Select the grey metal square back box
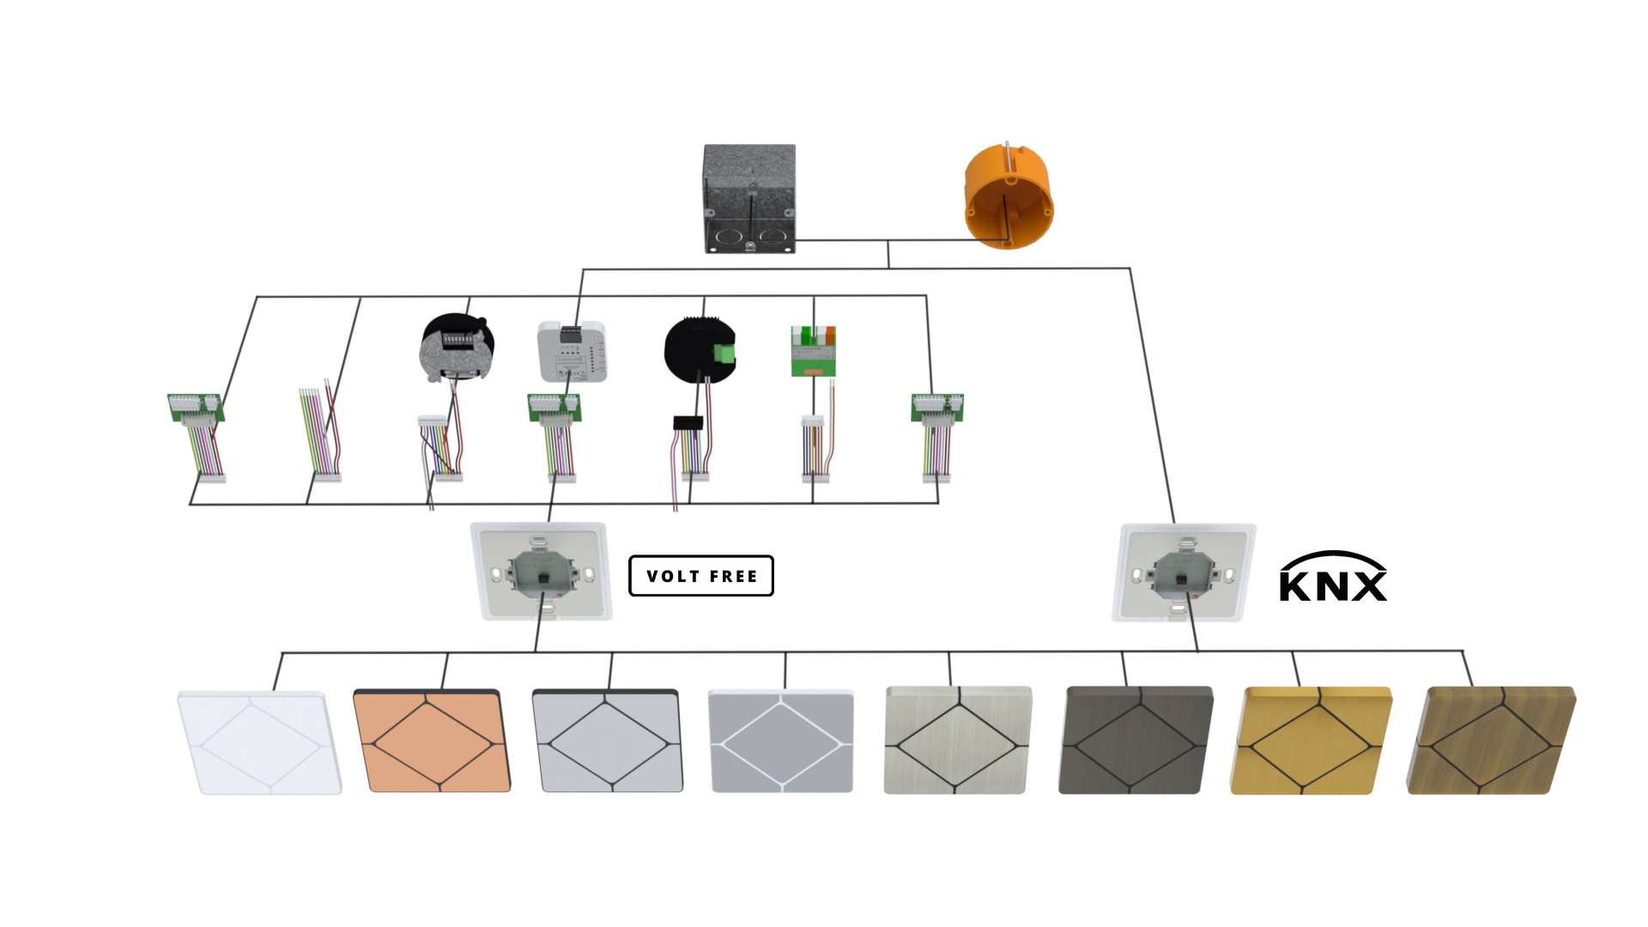(x=749, y=199)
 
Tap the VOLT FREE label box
(x=701, y=576)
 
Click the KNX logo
(x=1332, y=578)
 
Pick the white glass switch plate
(x=258, y=742)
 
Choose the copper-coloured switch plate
(x=432, y=742)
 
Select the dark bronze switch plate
(x=1135, y=740)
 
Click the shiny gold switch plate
(x=1310, y=740)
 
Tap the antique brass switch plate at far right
(x=1490, y=740)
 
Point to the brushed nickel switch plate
(x=957, y=740)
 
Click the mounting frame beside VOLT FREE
(x=542, y=573)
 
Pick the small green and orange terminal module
(x=813, y=350)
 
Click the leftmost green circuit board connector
(x=196, y=408)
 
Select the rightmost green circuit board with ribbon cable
(x=936, y=409)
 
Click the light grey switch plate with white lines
(x=780, y=740)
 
